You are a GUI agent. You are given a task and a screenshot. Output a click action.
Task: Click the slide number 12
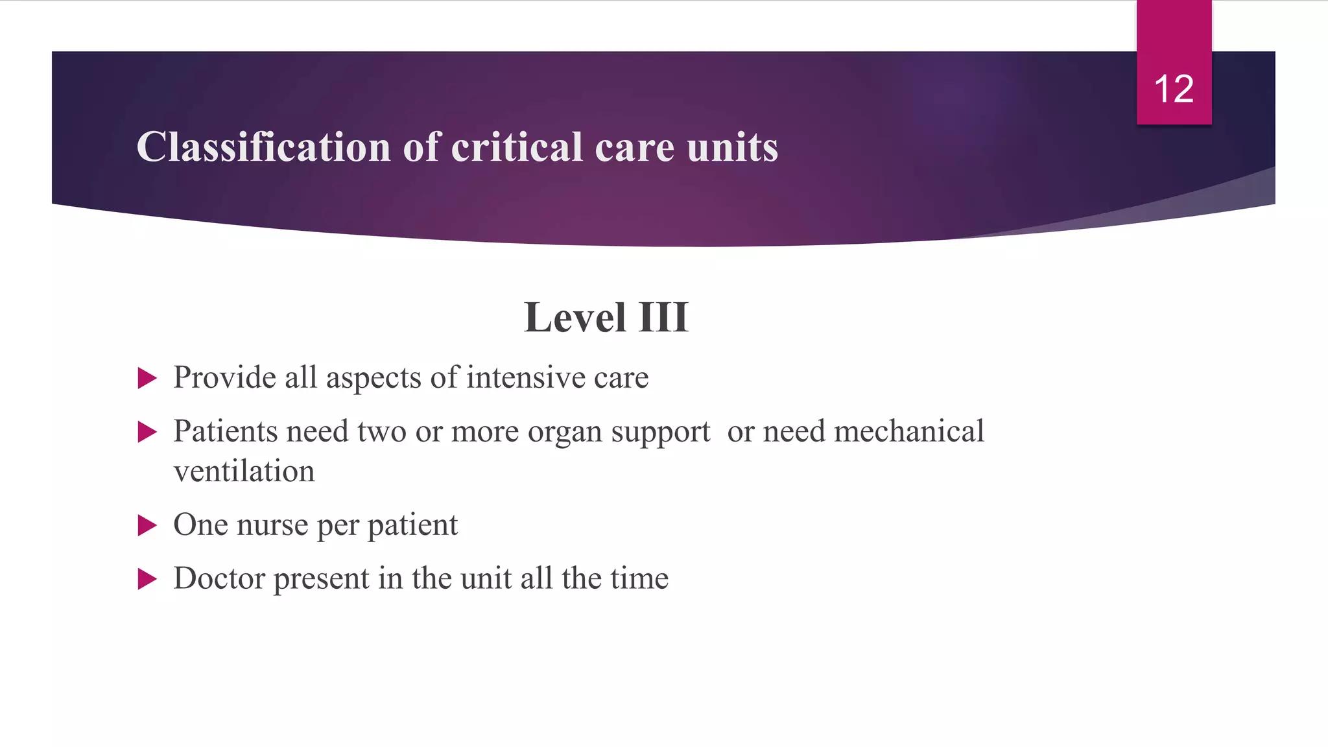[1174, 89]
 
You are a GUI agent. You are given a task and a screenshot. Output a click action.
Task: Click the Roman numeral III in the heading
[663, 318]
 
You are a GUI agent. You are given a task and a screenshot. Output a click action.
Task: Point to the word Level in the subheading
[575, 318]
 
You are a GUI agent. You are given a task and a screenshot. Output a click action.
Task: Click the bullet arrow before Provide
[147, 378]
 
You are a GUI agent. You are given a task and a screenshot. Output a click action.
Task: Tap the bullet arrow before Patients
[147, 432]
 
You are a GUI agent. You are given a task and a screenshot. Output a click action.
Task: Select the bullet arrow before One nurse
[147, 525]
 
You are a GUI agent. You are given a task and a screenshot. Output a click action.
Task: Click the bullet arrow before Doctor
[147, 579]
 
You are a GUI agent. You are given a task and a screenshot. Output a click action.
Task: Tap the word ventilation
[244, 471]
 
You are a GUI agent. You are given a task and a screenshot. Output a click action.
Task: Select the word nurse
[272, 525]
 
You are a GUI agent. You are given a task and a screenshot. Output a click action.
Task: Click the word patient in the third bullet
[412, 525]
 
